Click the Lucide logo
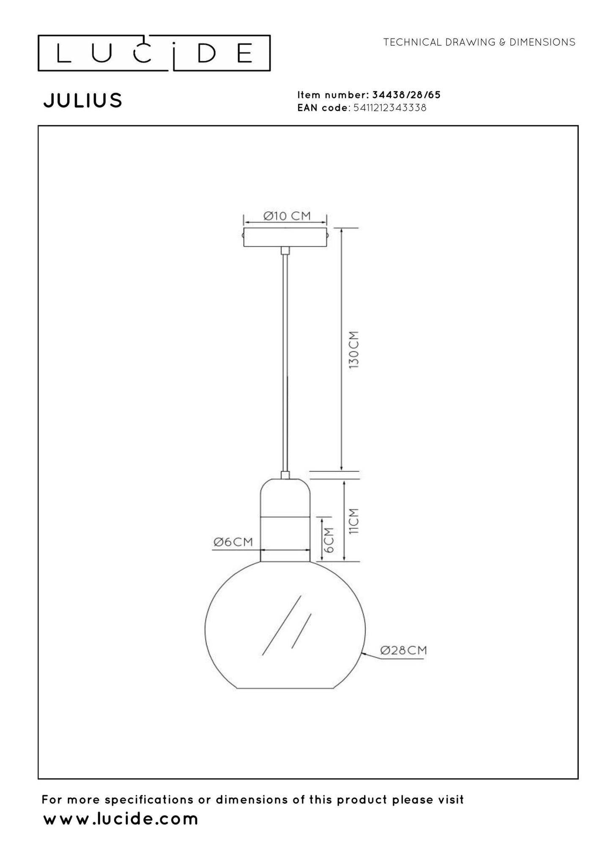point(154,53)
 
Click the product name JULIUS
point(83,101)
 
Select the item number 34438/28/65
point(406,95)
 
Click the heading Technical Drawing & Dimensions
point(479,42)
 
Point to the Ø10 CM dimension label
point(287,216)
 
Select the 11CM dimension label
point(353,521)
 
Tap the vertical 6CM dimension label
point(330,539)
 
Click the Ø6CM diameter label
point(233,542)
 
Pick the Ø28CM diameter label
point(403,650)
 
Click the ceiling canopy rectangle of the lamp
point(285,238)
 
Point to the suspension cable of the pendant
point(285,359)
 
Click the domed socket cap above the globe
point(285,497)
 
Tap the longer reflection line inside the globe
point(281,626)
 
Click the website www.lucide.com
point(121,819)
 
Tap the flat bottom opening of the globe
point(285,688)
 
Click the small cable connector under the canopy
point(285,250)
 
